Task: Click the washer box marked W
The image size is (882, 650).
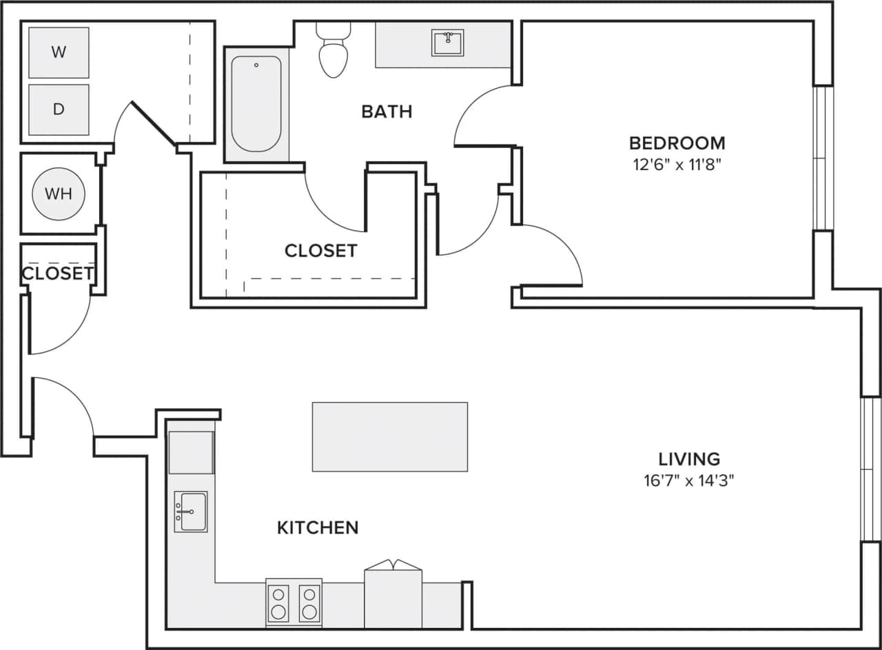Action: click(59, 52)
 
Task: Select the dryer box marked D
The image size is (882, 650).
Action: click(59, 109)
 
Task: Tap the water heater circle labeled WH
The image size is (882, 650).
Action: click(59, 193)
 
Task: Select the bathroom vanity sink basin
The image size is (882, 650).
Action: click(448, 43)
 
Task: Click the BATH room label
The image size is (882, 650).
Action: click(387, 112)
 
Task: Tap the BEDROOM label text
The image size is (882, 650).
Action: click(677, 143)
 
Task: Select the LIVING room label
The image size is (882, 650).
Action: click(689, 459)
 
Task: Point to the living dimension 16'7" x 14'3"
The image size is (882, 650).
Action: click(689, 481)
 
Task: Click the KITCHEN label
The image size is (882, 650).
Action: click(318, 527)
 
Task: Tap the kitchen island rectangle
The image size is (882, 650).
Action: click(389, 437)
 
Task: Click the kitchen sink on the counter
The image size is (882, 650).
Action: click(190, 512)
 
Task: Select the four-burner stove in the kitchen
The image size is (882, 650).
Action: click(294, 603)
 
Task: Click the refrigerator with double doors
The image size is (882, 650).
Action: click(393, 596)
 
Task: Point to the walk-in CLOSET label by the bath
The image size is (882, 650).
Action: click(320, 251)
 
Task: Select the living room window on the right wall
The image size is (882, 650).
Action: click(871, 469)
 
